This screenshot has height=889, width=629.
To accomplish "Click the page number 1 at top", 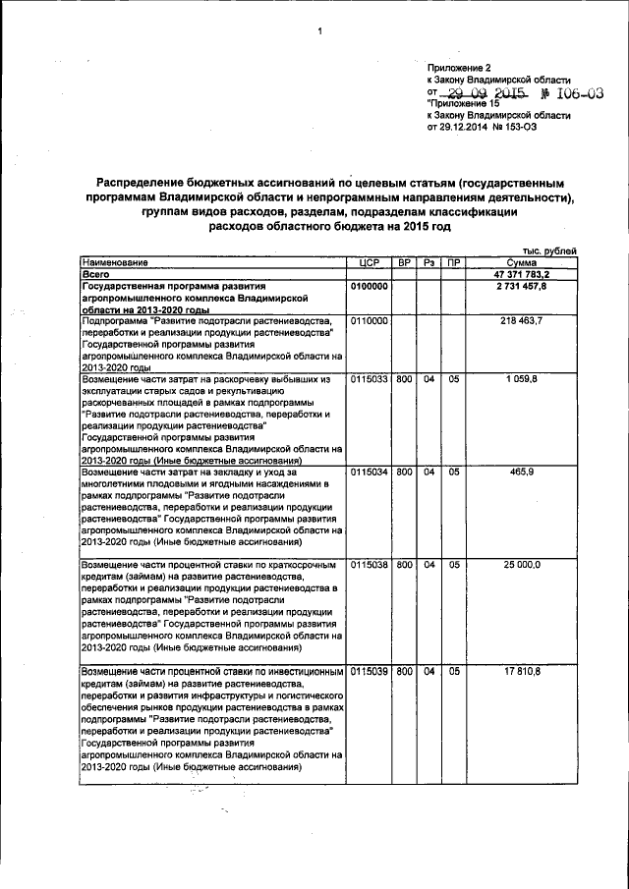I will click(319, 32).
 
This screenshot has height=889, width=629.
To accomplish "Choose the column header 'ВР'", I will click(404, 262).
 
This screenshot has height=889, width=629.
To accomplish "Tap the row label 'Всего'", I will click(98, 274).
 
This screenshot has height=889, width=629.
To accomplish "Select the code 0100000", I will click(370, 286).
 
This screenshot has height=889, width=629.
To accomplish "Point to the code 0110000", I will click(370, 321).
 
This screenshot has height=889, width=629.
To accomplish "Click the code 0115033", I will click(370, 378).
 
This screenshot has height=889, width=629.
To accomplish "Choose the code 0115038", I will click(370, 565).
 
